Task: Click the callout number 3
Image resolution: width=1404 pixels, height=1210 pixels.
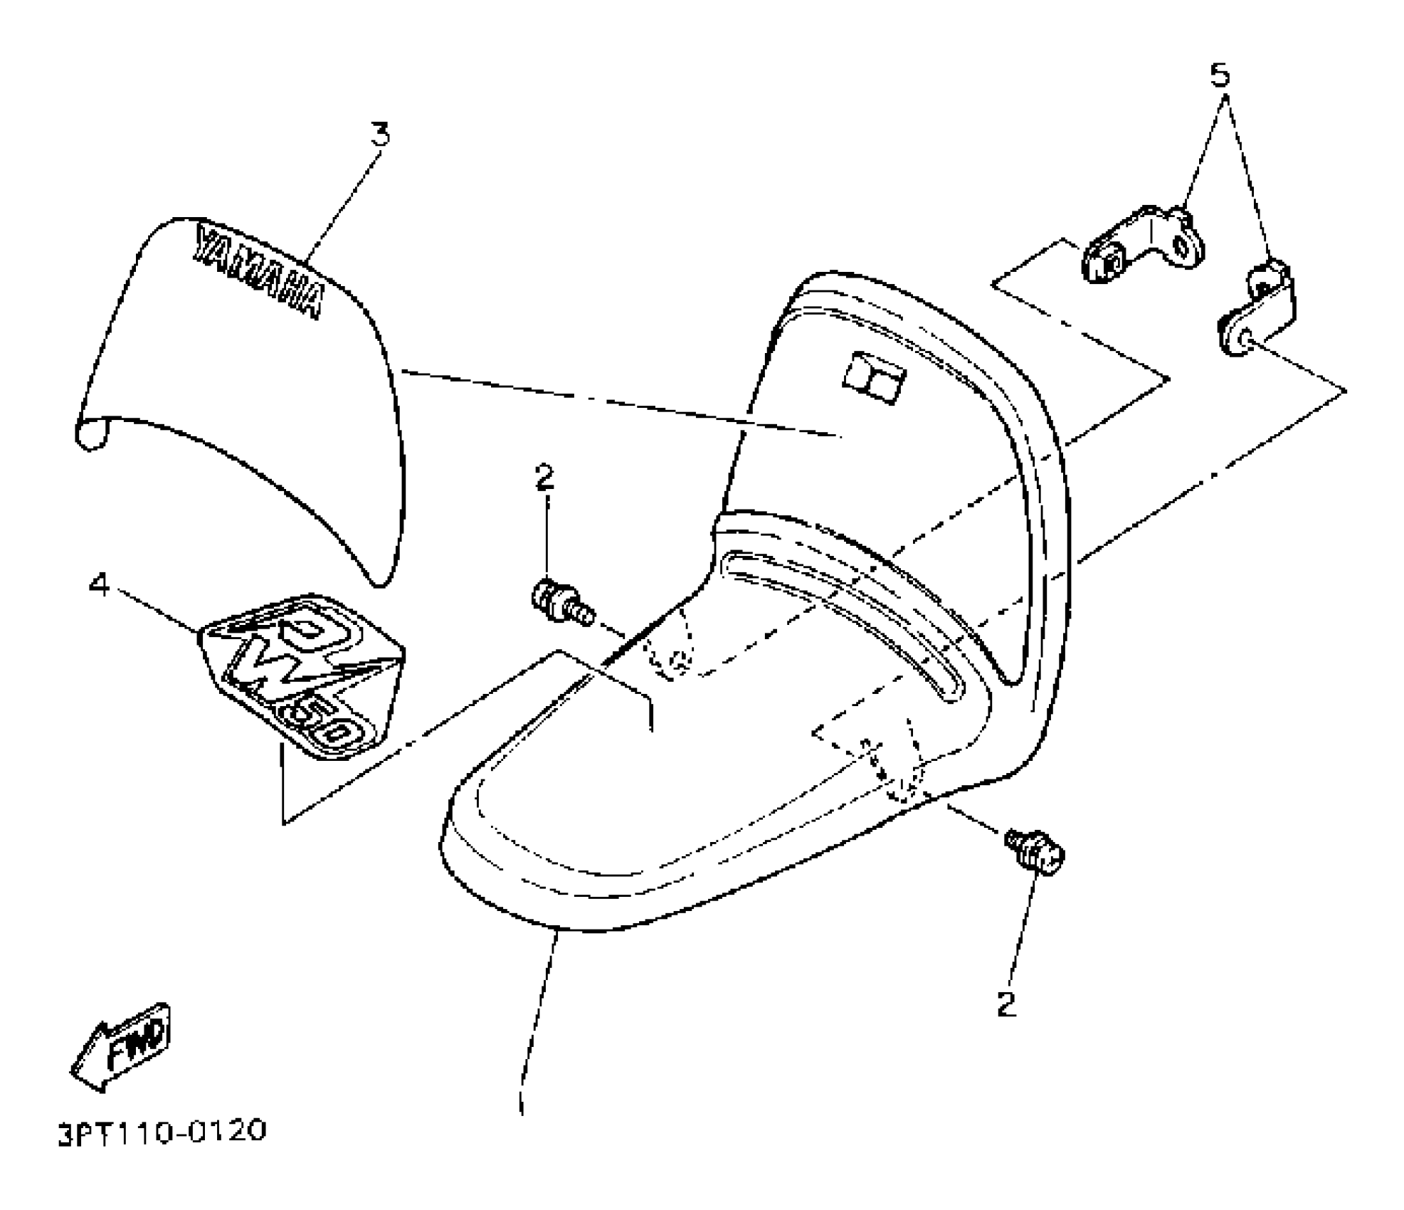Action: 382,134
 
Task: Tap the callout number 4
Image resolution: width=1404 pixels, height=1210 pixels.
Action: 99,586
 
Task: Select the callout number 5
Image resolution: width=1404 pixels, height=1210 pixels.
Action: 1220,75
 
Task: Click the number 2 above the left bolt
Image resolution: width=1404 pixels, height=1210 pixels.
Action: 544,478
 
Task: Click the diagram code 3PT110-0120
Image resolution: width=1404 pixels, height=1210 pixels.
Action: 162,1131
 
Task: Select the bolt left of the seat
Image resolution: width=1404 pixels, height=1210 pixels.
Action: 560,603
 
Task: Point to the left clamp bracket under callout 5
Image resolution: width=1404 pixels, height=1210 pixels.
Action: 1142,246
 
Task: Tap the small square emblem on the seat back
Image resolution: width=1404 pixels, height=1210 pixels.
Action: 873,377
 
